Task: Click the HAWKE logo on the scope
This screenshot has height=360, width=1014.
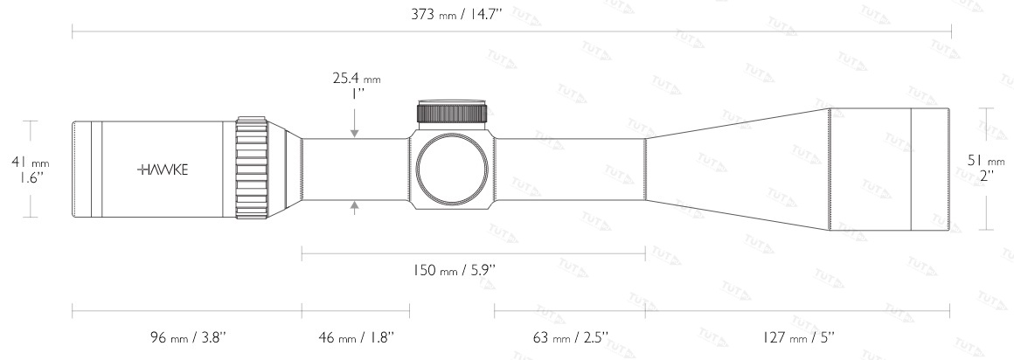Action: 163,170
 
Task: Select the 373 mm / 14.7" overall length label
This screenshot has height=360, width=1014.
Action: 456,14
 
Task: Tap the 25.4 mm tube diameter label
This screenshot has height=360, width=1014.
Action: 357,79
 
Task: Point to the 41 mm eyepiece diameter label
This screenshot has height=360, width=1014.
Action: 31,163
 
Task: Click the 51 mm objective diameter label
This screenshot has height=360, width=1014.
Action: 986,160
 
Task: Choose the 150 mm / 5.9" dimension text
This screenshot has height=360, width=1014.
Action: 454,270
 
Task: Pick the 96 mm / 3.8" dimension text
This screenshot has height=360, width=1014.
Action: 188,336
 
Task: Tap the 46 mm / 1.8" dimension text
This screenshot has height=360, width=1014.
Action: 357,336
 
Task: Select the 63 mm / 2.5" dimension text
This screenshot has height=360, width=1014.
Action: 570,336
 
